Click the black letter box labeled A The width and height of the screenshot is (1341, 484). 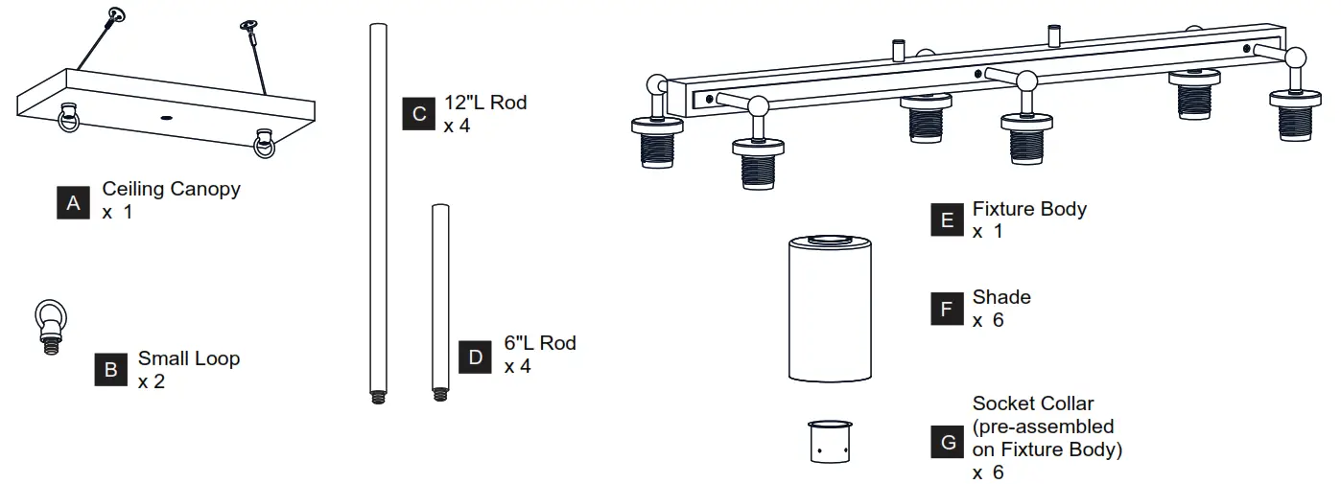(73, 202)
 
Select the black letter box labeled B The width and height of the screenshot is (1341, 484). (111, 369)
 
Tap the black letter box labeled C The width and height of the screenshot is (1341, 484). (419, 113)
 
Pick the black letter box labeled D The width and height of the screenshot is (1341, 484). (475, 356)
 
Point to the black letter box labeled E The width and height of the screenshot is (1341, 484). (947, 219)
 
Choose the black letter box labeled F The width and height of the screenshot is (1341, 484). (947, 309)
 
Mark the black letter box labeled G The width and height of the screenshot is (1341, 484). (947, 442)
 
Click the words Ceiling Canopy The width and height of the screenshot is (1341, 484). (171, 189)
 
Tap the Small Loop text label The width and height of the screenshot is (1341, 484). (188, 358)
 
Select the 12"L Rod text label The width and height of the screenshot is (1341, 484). (485, 103)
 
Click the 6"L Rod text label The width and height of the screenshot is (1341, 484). (540, 343)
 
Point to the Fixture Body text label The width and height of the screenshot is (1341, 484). (1029, 208)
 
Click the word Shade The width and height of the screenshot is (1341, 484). (1001, 297)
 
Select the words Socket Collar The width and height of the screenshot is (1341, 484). (1033, 403)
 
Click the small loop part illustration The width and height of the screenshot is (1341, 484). (49, 326)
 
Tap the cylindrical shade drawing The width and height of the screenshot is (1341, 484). (831, 309)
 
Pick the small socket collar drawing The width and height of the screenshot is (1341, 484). (831, 441)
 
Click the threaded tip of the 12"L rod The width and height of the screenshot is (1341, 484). (377, 395)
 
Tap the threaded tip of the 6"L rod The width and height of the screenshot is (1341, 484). (440, 393)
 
